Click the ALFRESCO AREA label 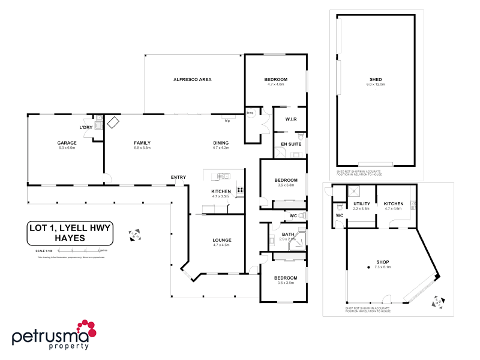coord(192,79)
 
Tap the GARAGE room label coord(66,143)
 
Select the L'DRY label coord(85,128)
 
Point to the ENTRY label coord(178,177)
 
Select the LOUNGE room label coord(221,240)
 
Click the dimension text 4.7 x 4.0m coord(275,85)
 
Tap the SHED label coord(376,80)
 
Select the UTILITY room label coord(361,204)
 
